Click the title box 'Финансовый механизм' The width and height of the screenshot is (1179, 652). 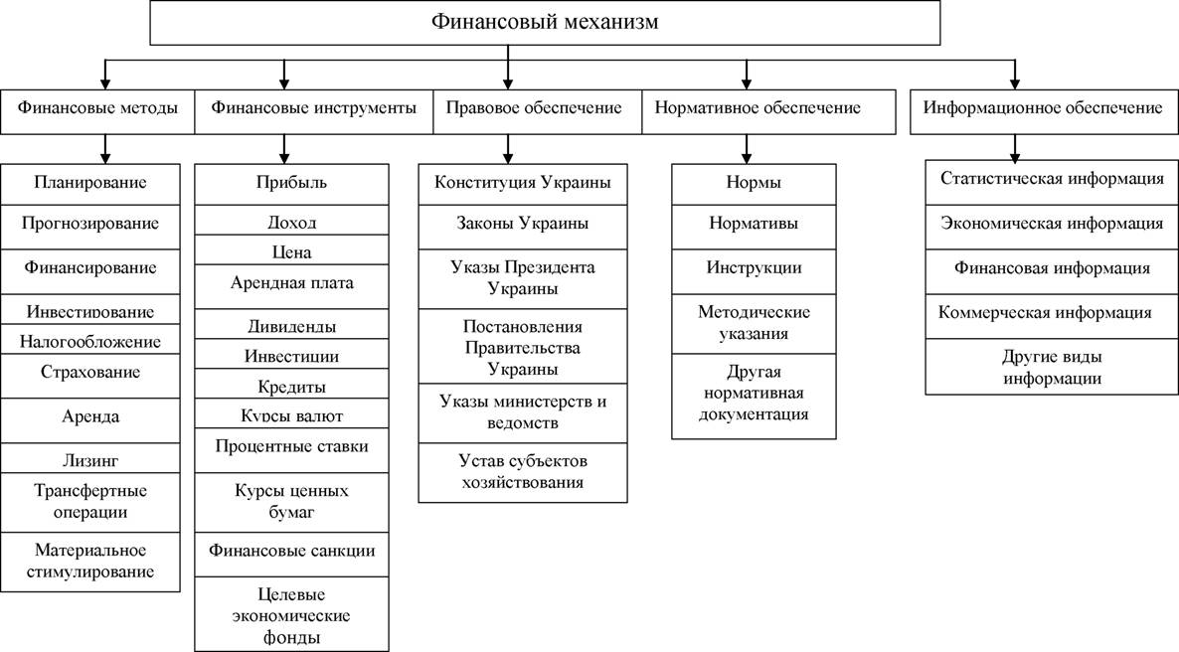545,23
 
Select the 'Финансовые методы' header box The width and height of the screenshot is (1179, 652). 97,112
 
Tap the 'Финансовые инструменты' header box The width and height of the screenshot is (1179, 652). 313,112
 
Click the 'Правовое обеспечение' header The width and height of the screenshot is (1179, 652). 537,112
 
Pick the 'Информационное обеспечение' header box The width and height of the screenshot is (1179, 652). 1045,112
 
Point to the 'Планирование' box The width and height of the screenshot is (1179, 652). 90,184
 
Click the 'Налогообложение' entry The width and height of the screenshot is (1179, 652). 90,339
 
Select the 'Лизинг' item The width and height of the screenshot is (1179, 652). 90,458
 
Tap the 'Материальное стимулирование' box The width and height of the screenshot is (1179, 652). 90,562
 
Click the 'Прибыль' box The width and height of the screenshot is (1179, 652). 291,184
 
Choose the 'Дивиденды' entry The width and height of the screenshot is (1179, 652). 291,324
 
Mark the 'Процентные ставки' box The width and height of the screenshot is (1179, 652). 291,450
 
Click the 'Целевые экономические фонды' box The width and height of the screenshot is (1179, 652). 291,614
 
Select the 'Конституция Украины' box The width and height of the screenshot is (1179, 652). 523,184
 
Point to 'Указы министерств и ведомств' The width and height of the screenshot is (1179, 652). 523,412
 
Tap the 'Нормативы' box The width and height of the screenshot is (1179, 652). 754,227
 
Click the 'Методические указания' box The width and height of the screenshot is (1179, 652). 754,323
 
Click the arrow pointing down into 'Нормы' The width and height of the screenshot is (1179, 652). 747,150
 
